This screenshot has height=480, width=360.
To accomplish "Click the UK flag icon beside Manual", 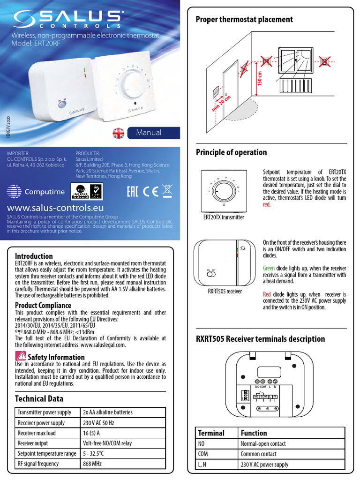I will (119, 133).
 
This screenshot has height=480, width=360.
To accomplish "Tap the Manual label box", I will (149, 133).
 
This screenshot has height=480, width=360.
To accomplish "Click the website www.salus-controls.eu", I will (55, 207).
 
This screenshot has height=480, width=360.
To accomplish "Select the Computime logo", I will (33, 192).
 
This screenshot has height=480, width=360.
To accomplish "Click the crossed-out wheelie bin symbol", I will (166, 191).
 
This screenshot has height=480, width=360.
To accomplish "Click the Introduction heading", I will (34, 256).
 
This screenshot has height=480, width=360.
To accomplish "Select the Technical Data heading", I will (39, 398).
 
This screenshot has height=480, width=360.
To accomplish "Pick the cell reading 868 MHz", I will (94, 464).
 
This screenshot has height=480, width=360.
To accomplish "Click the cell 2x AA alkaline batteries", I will (108, 412).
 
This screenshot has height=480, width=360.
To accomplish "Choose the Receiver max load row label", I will (37, 433).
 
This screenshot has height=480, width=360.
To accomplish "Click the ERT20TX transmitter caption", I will (224, 217).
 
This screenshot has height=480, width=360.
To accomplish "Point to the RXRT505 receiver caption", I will (225, 291).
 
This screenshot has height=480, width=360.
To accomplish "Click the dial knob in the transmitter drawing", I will (224, 191).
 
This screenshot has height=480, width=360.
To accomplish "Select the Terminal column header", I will (211, 433).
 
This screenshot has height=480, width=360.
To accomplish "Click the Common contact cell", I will (258, 454).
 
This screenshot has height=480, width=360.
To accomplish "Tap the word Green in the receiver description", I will (269, 269).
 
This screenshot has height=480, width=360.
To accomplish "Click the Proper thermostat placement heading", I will (244, 19).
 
